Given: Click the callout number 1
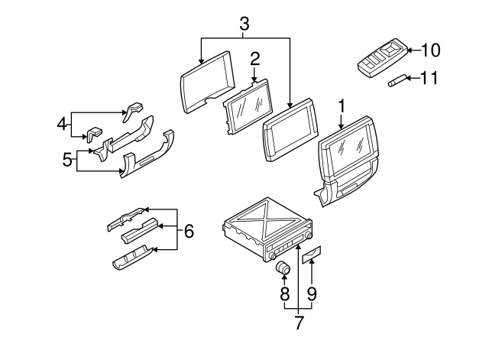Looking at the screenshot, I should click(343, 104).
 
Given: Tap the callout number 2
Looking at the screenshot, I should click(254, 57).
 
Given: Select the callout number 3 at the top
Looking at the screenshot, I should click(244, 24).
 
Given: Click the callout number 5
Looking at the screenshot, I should click(67, 161).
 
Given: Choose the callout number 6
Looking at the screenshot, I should click(189, 229).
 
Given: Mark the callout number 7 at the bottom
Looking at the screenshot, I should click(298, 322).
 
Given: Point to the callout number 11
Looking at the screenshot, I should click(430, 77).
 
